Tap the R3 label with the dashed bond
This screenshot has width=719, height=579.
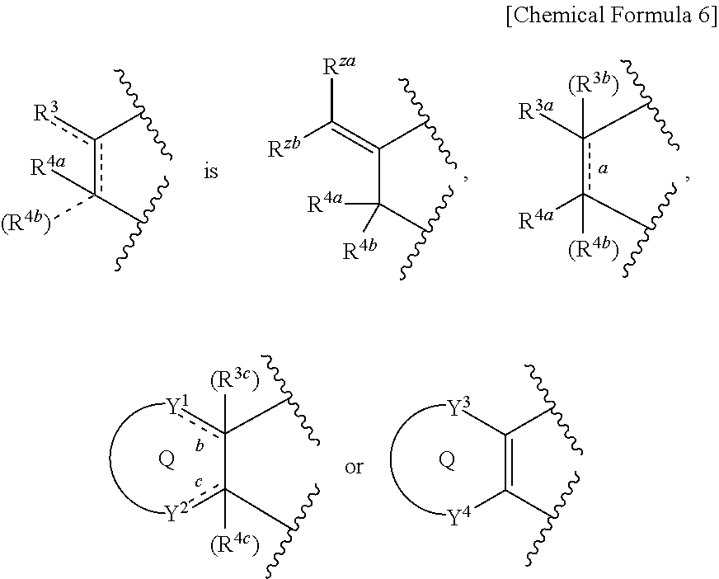click(47, 112)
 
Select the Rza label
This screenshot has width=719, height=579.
click(339, 66)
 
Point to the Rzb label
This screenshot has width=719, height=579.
click(284, 148)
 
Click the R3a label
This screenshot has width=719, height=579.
click(536, 111)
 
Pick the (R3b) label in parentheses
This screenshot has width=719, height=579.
click(594, 85)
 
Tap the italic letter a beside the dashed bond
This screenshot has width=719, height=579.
click(604, 169)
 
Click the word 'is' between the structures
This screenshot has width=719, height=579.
click(211, 172)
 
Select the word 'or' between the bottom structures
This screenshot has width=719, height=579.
click(354, 467)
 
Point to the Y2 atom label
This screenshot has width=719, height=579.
click(177, 513)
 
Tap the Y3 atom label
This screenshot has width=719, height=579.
click(458, 407)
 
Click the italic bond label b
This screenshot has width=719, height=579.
click(200, 445)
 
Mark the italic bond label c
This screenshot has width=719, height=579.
click(199, 482)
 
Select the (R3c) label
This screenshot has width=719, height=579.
click(235, 380)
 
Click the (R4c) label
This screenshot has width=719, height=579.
click(235, 544)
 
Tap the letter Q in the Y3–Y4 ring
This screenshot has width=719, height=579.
click(447, 459)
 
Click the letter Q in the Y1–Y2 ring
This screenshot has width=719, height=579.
click(167, 459)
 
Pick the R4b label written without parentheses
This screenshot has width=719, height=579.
click(360, 250)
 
